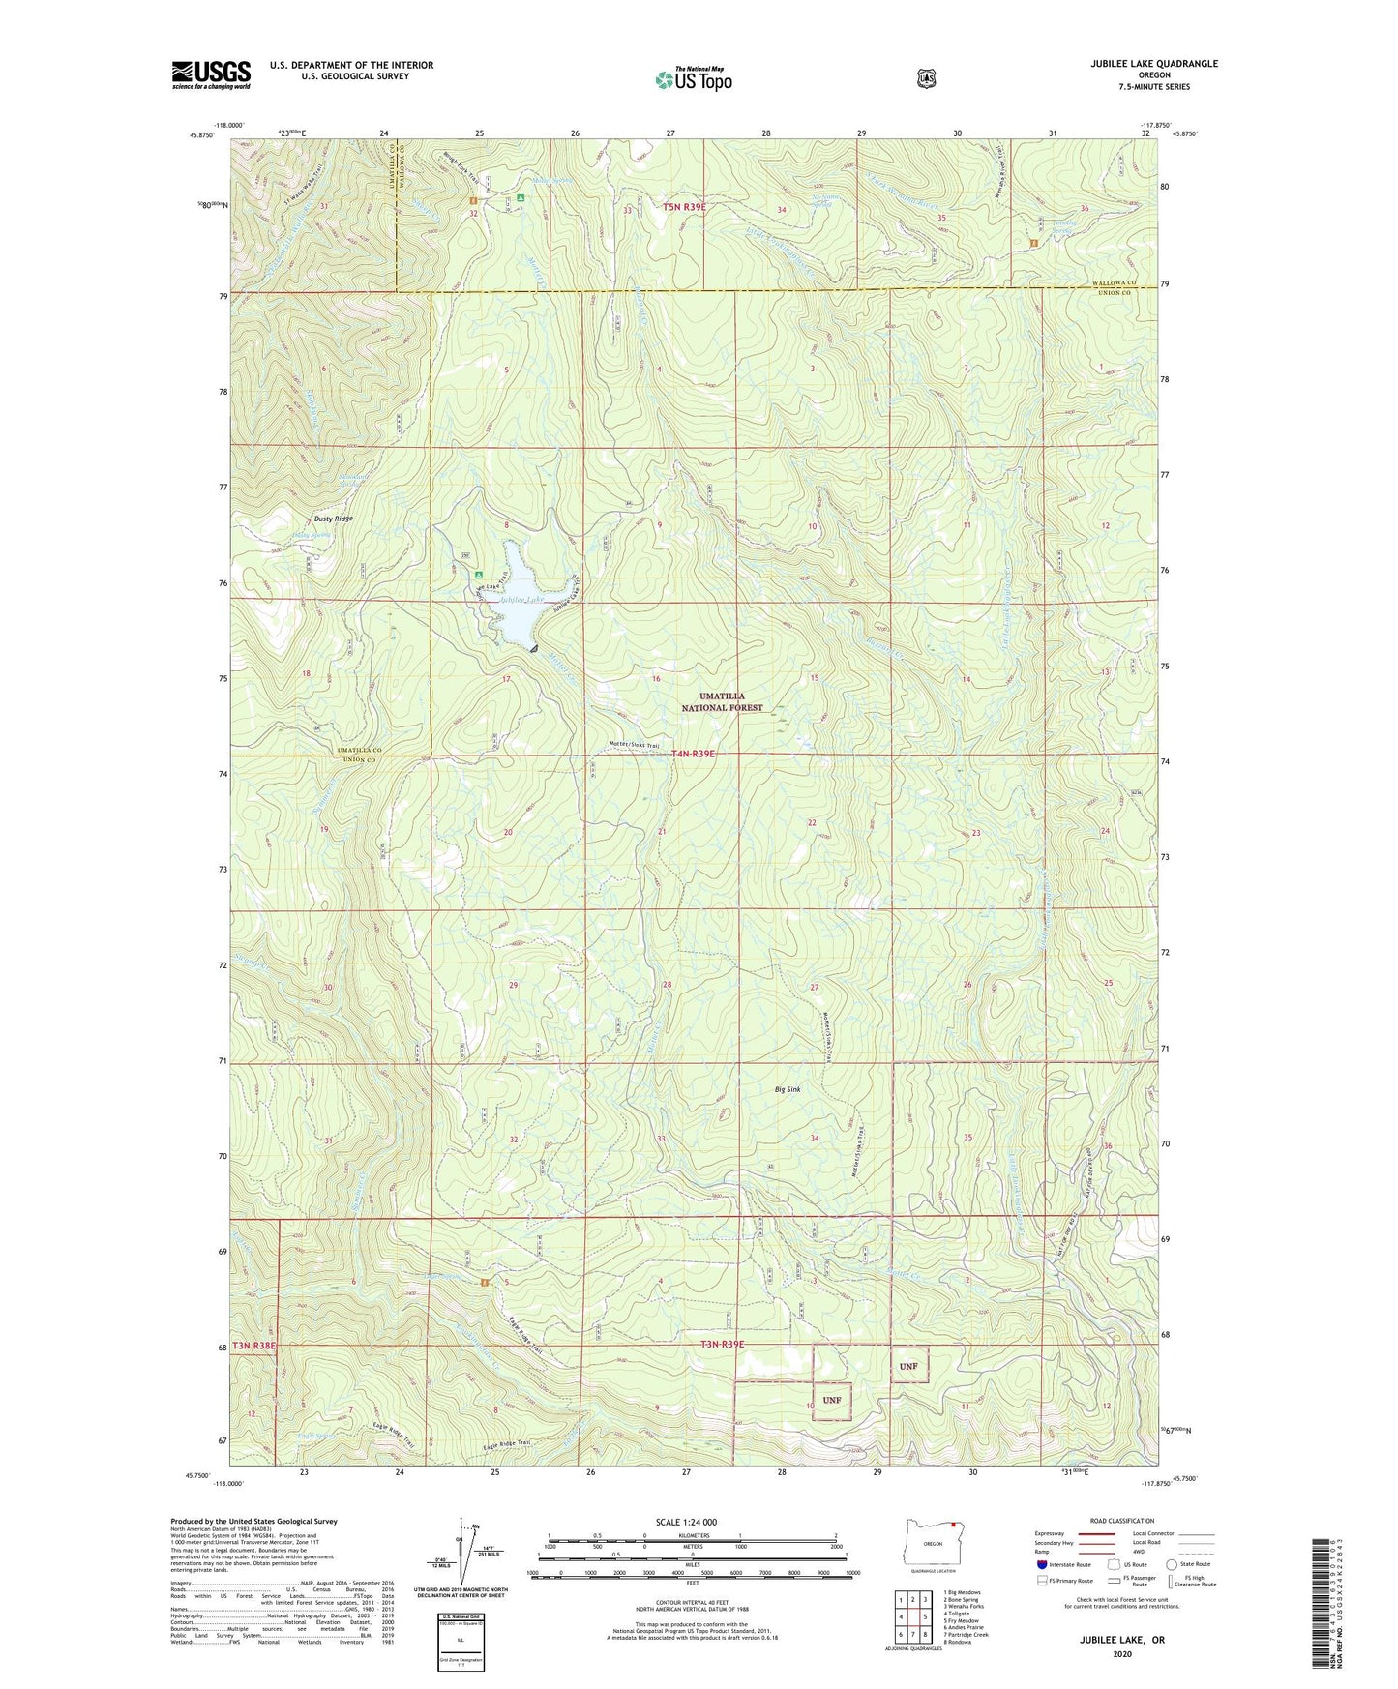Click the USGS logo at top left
(x=211, y=74)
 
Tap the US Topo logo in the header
(x=693, y=79)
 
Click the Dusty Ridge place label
(x=306, y=519)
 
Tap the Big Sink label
(x=788, y=1089)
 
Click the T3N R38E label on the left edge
(x=253, y=1345)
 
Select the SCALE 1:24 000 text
(x=686, y=1522)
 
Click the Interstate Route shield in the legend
(x=1041, y=1564)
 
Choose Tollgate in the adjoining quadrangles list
(x=959, y=1614)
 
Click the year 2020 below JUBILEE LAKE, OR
(x=1122, y=1653)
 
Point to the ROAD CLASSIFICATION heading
(x=1121, y=1522)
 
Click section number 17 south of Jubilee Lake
(x=505, y=679)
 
